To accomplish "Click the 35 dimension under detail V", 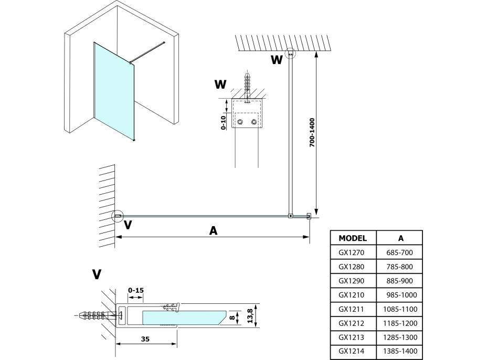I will click(145, 339).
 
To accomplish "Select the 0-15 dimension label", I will click(135, 289).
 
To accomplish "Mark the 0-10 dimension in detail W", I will click(224, 120).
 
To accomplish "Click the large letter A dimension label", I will click(213, 230).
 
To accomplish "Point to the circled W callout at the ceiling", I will click(290, 53).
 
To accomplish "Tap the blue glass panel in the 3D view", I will click(113, 89).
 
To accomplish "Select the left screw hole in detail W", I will click(240, 122).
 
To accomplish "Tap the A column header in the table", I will click(402, 237).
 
